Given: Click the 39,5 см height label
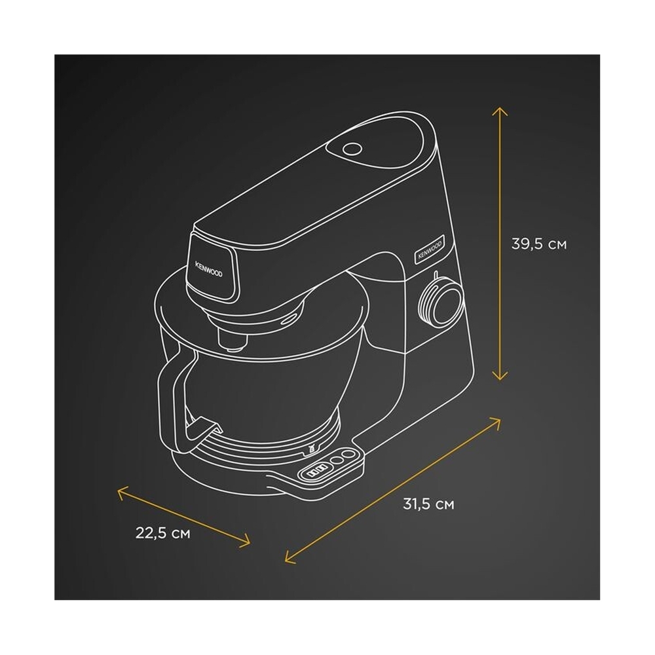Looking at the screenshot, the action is (x=539, y=244).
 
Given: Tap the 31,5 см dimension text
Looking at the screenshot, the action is (x=428, y=504).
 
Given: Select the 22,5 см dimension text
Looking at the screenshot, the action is (x=163, y=533).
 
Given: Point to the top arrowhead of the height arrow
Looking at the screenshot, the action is (x=500, y=111).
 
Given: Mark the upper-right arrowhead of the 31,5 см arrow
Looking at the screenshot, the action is (x=495, y=421).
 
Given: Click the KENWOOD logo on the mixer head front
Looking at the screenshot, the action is (x=209, y=269).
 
